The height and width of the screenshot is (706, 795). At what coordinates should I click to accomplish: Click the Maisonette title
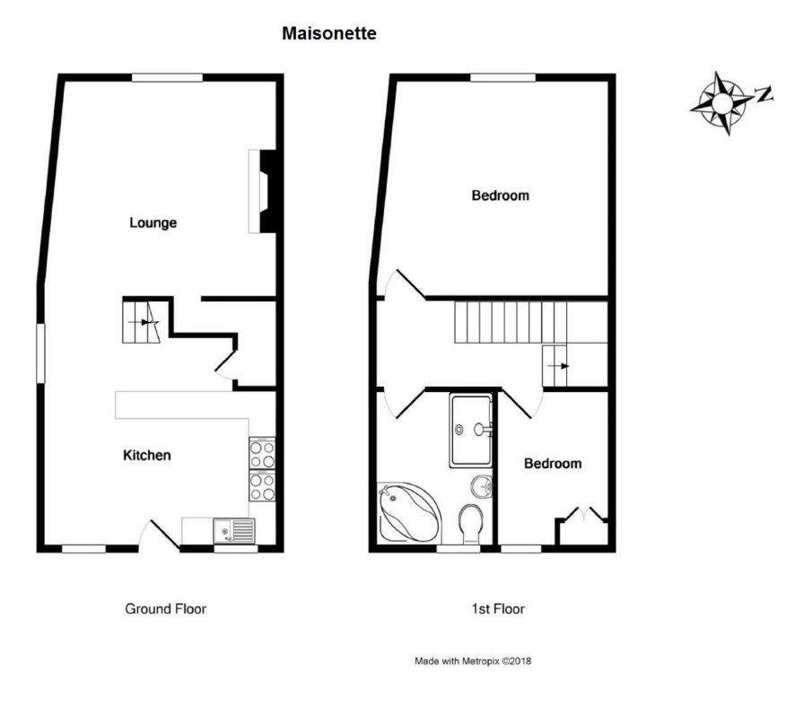[x=329, y=33]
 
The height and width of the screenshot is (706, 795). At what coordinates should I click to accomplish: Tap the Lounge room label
[x=153, y=223]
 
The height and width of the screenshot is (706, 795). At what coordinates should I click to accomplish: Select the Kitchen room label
[x=147, y=455]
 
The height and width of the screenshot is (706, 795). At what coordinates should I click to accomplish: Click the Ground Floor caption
[x=166, y=609]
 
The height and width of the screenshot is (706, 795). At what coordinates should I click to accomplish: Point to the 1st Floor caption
[x=498, y=609]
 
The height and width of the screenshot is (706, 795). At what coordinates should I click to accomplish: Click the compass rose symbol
[x=721, y=104]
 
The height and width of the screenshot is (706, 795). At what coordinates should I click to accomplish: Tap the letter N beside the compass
[x=764, y=94]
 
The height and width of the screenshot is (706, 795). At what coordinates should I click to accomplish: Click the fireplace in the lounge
[x=262, y=191]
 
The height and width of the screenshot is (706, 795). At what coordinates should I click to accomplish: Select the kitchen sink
[x=234, y=531]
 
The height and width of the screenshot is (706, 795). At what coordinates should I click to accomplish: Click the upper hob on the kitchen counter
[x=262, y=454]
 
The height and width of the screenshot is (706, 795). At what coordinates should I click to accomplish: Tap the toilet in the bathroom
[x=471, y=524]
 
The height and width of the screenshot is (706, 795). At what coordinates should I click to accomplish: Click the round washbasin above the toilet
[x=481, y=487]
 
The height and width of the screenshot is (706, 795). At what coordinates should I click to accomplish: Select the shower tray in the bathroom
[x=470, y=431]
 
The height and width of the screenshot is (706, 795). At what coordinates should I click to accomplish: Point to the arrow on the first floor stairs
[x=558, y=366]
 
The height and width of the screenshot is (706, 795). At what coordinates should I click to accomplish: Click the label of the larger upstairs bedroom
[x=501, y=196]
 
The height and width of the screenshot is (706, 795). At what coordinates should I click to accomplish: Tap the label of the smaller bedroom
[x=553, y=463]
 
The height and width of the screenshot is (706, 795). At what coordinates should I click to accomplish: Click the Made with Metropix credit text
[x=473, y=661]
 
